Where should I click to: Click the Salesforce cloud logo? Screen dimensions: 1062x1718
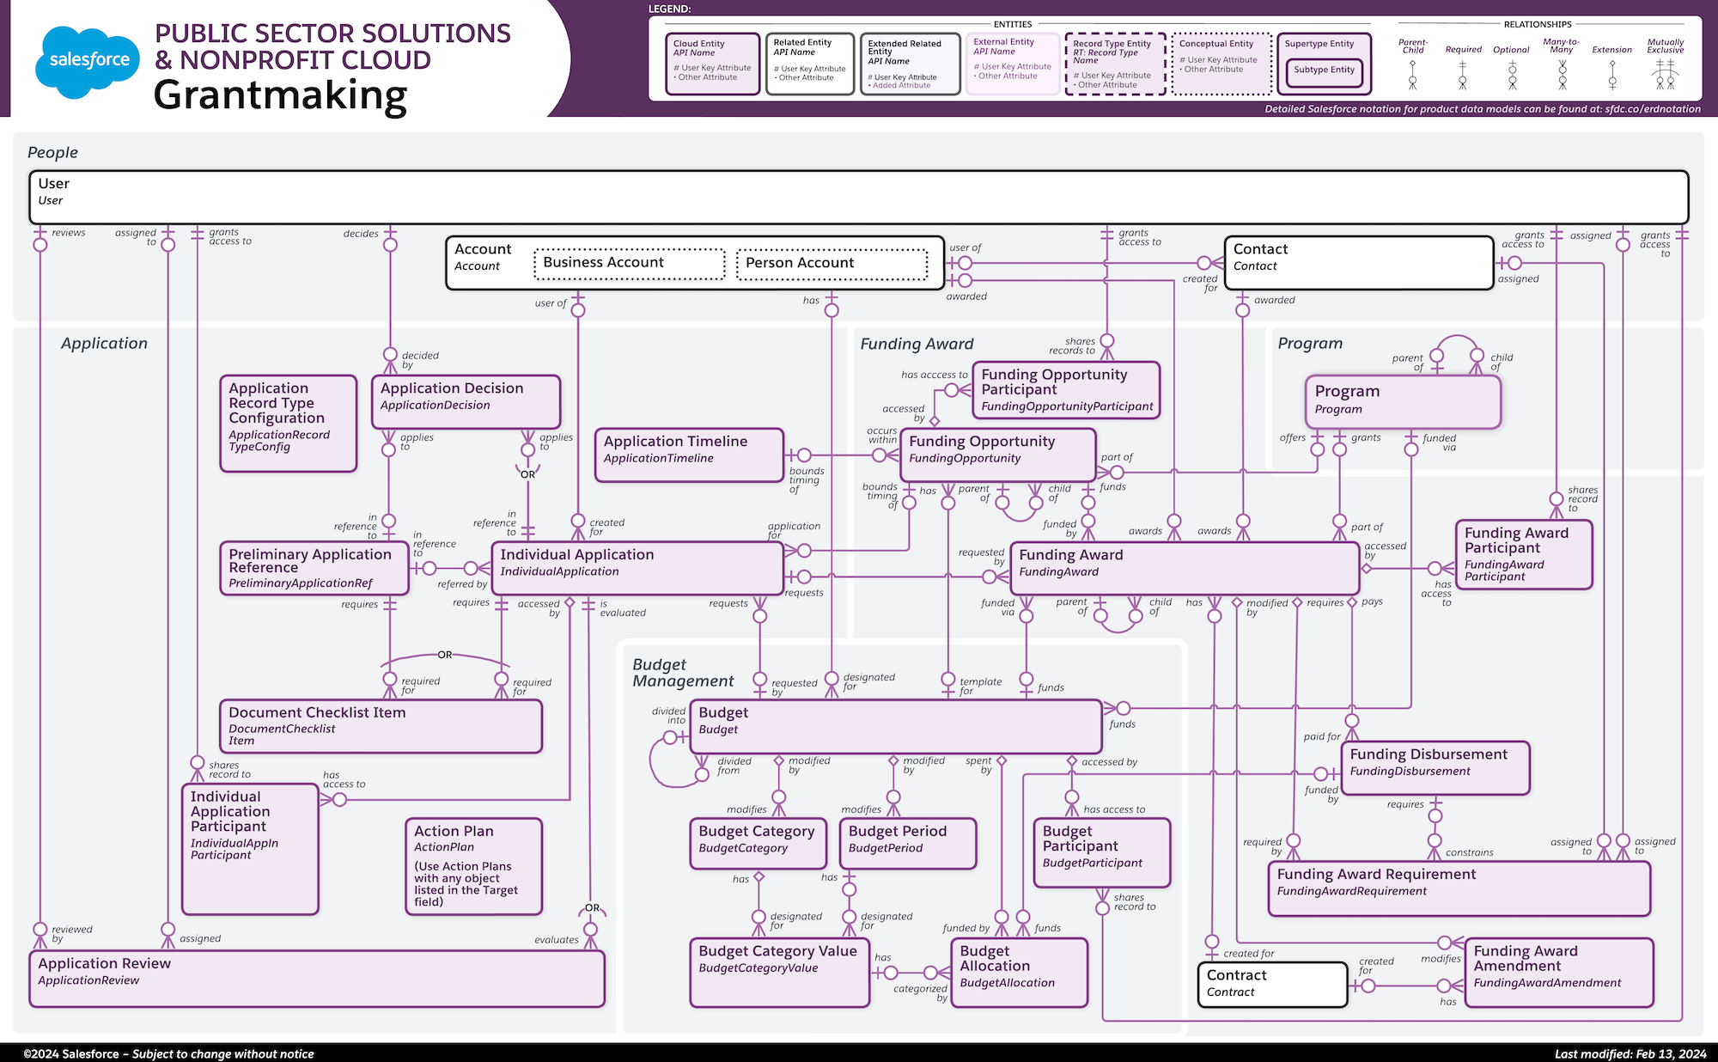coord(88,60)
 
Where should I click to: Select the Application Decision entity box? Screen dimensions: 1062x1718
coord(466,401)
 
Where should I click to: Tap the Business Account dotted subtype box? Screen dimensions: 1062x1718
coord(629,264)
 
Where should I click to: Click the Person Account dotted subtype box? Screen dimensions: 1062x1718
coord(832,264)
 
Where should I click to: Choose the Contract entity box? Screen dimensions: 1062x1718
coord(1271,984)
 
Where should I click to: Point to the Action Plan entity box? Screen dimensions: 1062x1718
coord(473,866)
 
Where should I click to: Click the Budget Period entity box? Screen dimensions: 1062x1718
coord(907,843)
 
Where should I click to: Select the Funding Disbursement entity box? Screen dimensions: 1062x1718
coord(1435,767)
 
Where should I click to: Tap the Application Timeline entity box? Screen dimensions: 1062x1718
coord(689,455)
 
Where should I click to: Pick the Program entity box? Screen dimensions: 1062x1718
coord(1402,401)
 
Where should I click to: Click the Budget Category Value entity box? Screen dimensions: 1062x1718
coord(779,972)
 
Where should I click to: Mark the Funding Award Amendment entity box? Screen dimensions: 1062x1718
coord(1558,972)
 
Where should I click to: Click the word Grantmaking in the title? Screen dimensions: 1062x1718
coord(280,95)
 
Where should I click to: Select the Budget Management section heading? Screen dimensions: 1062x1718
coord(683,673)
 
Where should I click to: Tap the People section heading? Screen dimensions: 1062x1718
coord(52,153)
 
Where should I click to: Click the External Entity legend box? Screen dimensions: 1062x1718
coord(1012,63)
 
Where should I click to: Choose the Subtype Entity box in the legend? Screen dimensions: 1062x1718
coord(1324,70)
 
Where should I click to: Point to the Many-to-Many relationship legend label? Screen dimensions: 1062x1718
coord(1561,46)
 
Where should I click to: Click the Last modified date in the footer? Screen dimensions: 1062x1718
coord(1630,1053)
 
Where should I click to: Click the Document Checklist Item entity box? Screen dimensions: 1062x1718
coord(381,726)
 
